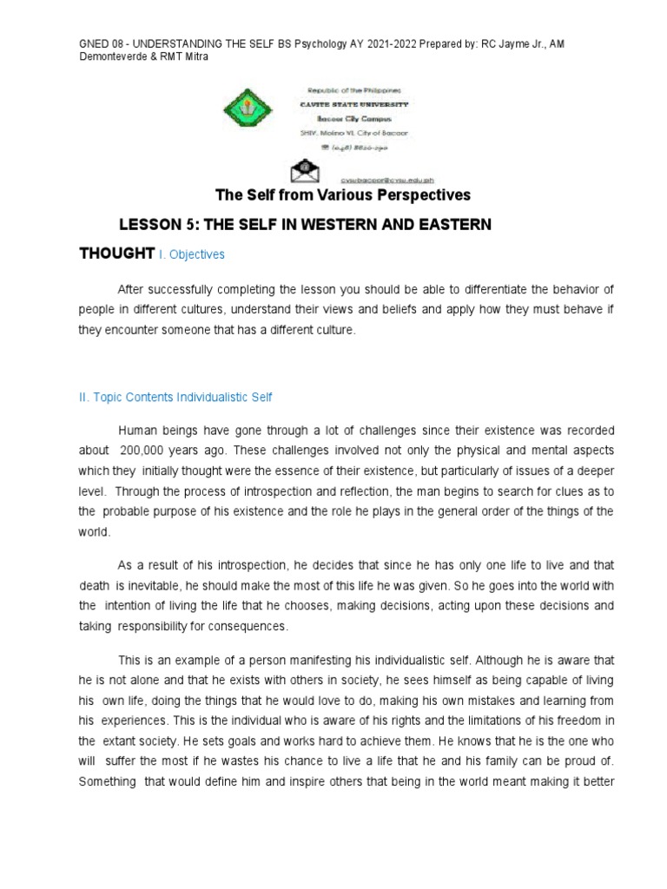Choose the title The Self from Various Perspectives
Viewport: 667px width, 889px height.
click(x=342, y=194)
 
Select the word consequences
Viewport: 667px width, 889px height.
click(x=246, y=626)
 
